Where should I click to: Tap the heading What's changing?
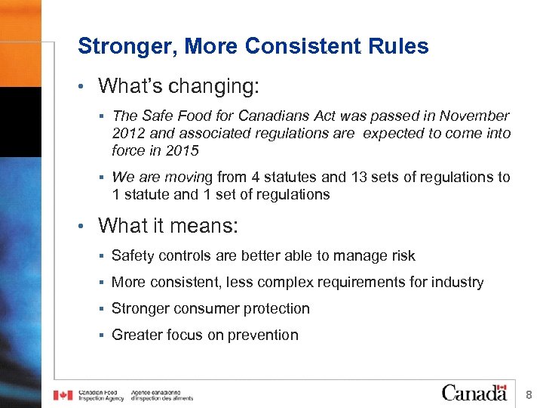coord(179,85)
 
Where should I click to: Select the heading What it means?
coord(167,225)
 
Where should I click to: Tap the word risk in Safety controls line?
coord(401,256)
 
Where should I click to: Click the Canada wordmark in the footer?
coord(474,393)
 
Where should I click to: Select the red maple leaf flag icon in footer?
coord(63,395)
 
